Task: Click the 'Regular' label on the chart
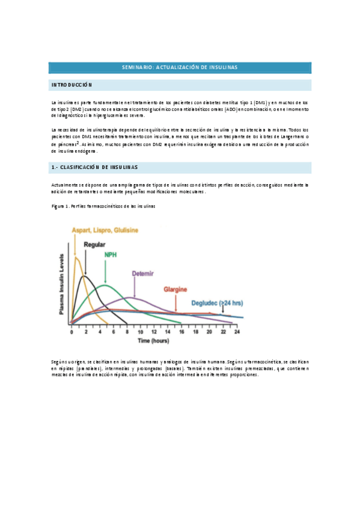(94, 245)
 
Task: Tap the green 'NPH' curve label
(110, 255)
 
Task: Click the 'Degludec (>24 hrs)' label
(216, 303)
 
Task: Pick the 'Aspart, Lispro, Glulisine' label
(105, 230)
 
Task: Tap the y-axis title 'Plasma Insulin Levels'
(62, 283)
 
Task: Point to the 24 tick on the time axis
(237, 332)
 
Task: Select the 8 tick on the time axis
(127, 332)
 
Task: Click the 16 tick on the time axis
(182, 332)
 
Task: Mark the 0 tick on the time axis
(72, 332)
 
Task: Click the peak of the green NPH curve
(105, 286)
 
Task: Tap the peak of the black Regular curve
(86, 277)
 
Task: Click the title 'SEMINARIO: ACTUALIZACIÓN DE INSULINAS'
(180, 68)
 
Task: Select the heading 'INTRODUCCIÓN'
(72, 85)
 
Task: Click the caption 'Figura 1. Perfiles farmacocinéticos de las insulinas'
(105, 206)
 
